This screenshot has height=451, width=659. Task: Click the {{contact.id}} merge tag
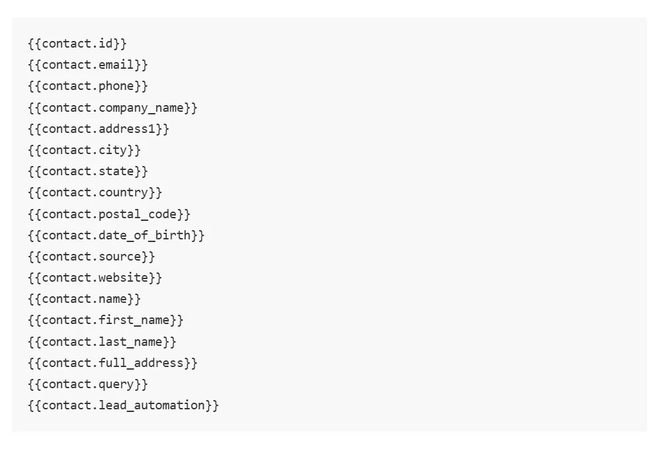coord(77,44)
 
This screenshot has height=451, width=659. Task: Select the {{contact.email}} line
coord(88,65)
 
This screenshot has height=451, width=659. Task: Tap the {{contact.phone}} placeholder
coord(88,86)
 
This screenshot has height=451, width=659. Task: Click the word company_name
coord(141,108)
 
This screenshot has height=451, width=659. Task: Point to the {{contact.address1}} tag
coord(99,129)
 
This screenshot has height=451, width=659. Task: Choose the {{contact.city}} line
coord(85,150)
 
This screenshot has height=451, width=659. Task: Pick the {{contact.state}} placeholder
coord(88,171)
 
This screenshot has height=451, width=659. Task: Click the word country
coord(124,192)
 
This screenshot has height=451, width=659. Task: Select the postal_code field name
coord(138,214)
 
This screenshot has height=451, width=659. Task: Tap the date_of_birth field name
coord(145,235)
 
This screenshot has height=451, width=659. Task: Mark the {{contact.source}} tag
coord(91,257)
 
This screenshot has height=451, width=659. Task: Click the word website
coord(124,278)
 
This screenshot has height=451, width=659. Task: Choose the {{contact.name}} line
coord(85,299)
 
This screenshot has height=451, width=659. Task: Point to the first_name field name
coord(134,321)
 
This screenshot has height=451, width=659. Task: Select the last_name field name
coord(130,342)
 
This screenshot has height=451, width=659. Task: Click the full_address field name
coord(141,363)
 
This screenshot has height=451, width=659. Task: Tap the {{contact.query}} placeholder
coord(88,385)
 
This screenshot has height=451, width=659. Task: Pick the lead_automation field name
coord(152,405)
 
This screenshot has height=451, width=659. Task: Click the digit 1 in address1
coord(152,129)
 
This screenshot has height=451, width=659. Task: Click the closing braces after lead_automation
coord(212,405)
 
